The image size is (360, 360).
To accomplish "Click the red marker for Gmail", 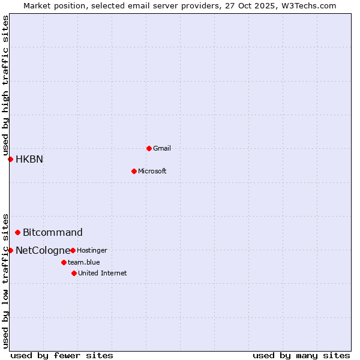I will tap(149, 148).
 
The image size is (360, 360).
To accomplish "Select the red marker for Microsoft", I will tap(134, 171).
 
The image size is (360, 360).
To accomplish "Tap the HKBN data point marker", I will tap(10, 159).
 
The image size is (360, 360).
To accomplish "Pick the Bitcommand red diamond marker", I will tap(17, 232).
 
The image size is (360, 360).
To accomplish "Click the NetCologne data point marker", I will tap(10, 250).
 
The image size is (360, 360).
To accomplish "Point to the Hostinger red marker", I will tap(73, 250).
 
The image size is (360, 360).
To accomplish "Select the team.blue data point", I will tap(64, 262).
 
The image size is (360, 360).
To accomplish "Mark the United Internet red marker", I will tap(74, 273).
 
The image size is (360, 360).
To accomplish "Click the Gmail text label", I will tap(162, 148).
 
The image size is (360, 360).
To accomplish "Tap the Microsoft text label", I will tap(152, 171).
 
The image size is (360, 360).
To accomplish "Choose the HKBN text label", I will tap(29, 159).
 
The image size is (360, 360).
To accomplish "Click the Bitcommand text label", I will tap(53, 232).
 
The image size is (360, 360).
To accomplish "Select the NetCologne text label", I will tap(43, 250).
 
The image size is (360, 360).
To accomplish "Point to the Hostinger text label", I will tap(92, 250).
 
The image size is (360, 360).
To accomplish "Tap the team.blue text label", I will tap(84, 262).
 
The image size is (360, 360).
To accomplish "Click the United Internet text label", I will tap(103, 273).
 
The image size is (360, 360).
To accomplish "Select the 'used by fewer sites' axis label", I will tap(62, 355).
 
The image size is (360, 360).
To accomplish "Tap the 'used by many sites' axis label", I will tap(301, 355).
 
